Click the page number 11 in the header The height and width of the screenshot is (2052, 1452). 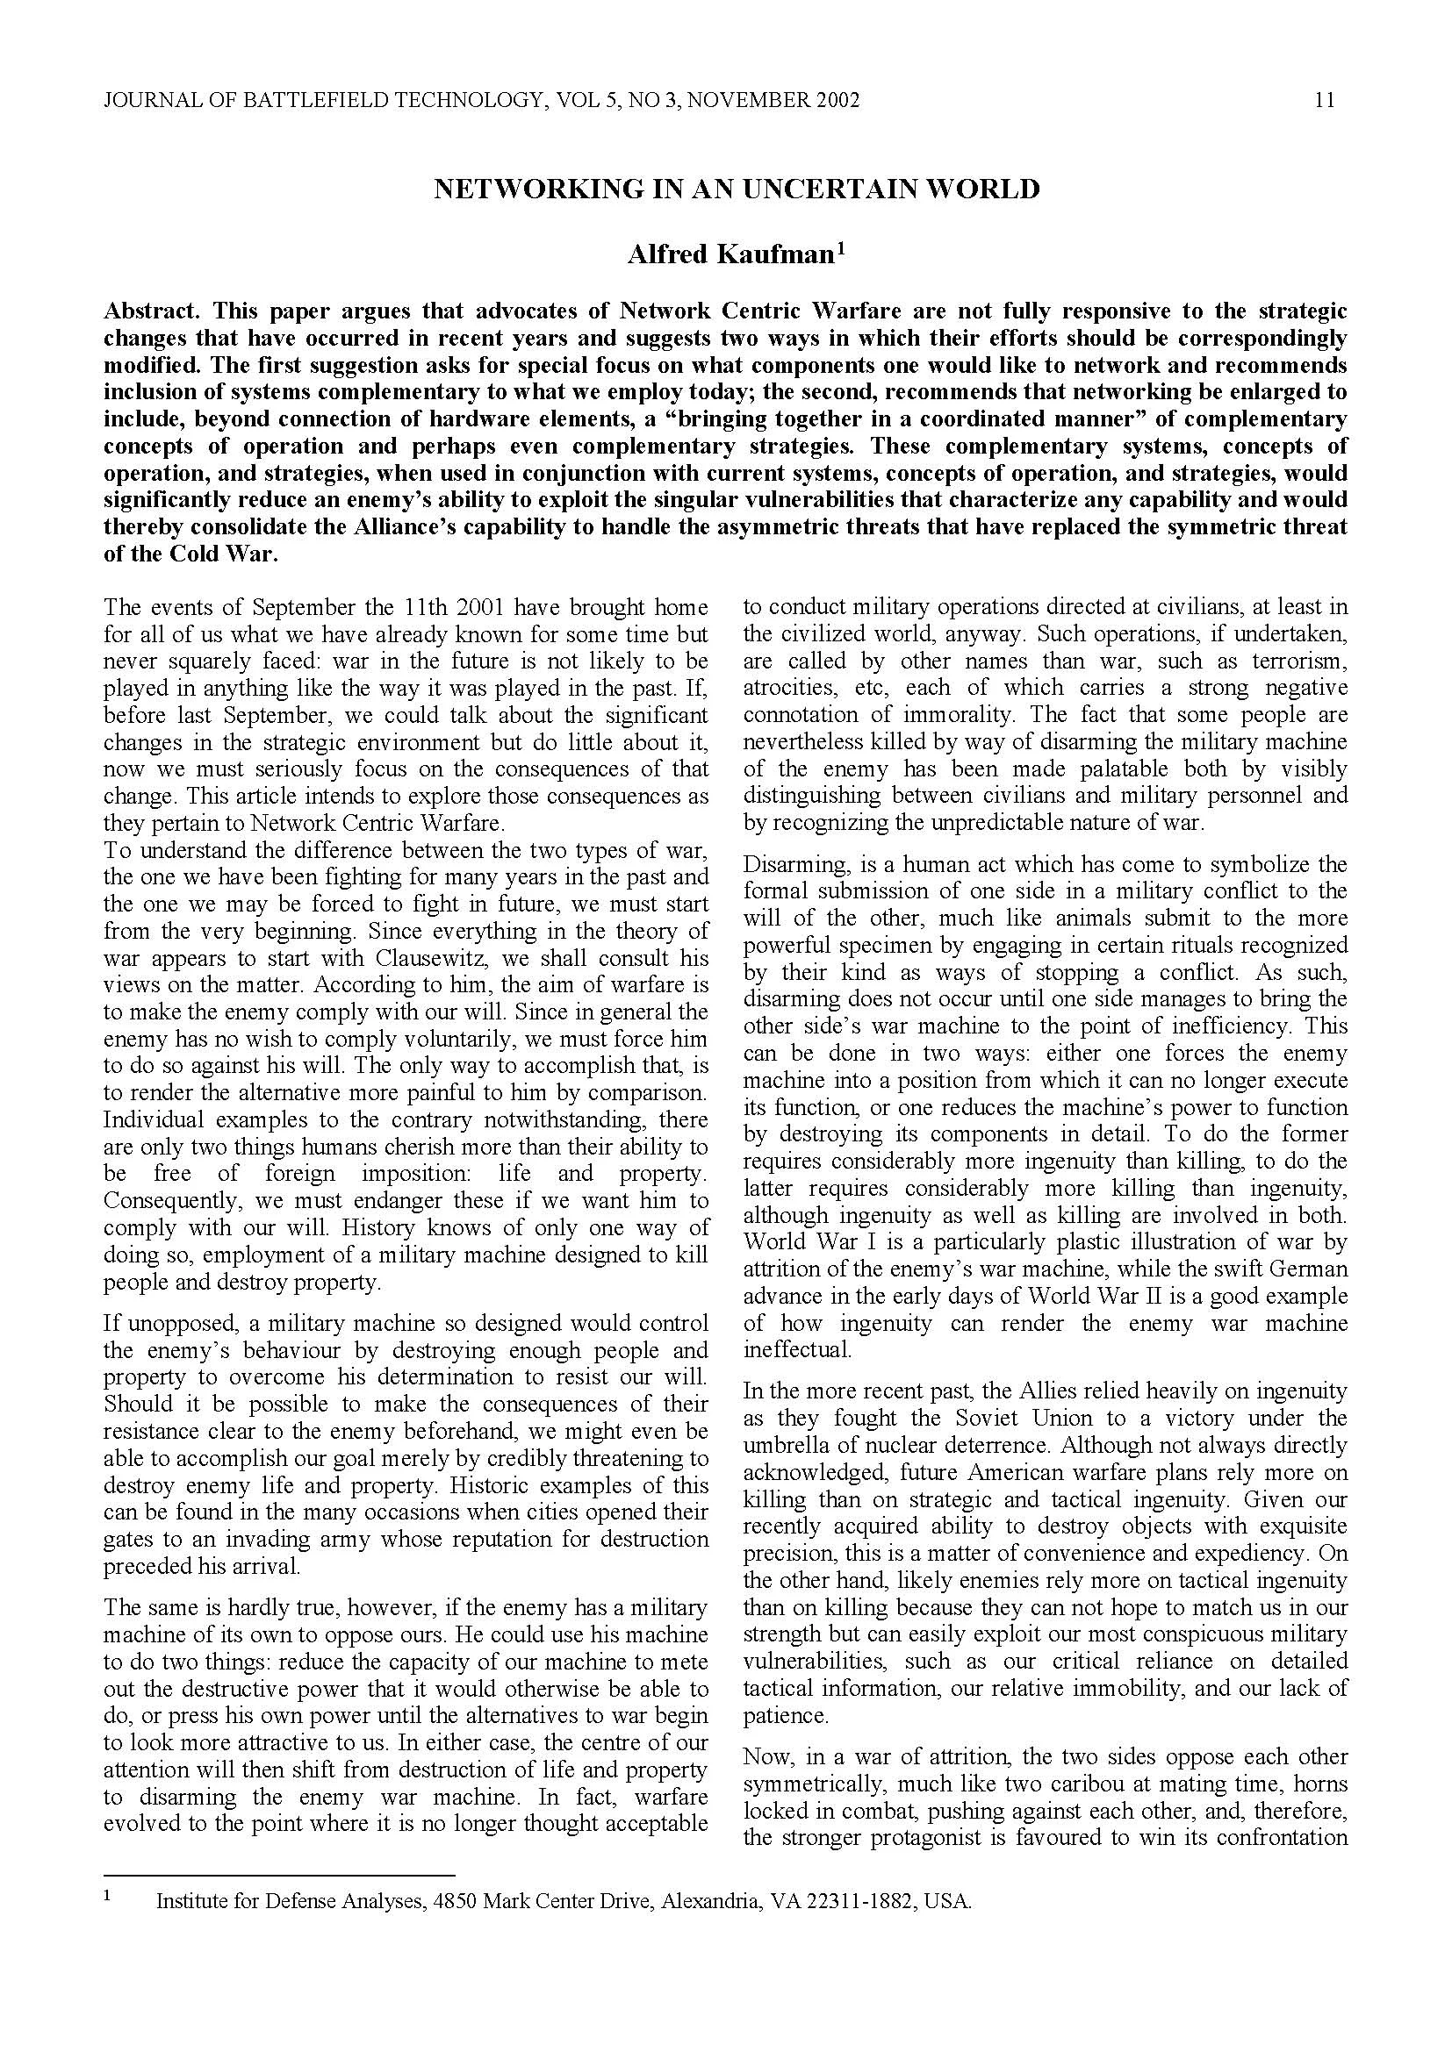coord(1325,100)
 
